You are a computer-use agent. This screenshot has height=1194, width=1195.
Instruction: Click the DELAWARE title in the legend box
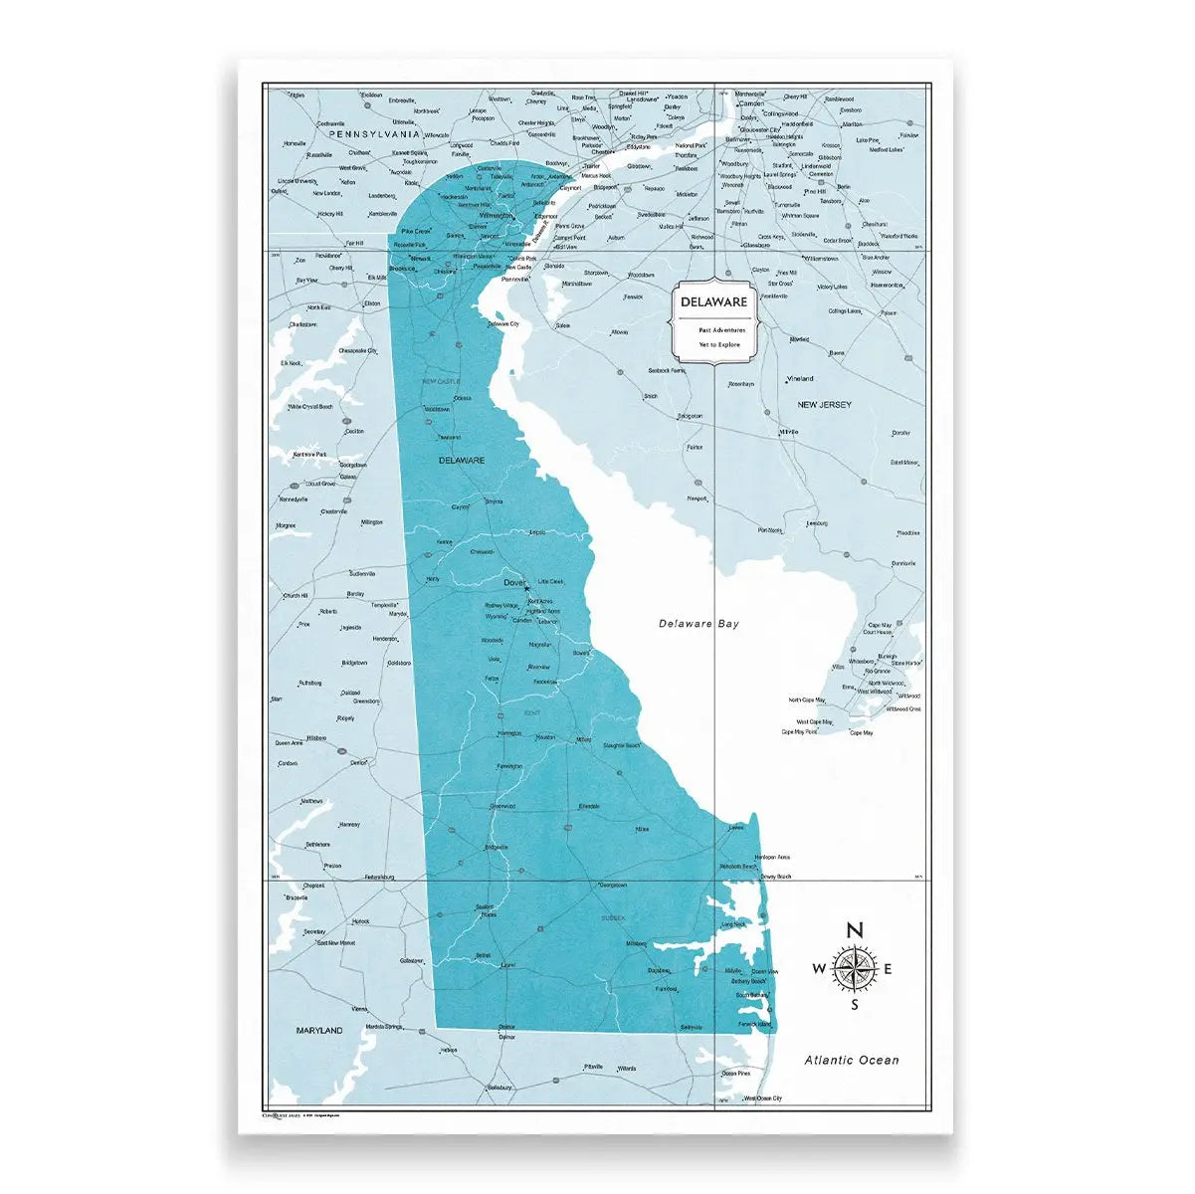(713, 300)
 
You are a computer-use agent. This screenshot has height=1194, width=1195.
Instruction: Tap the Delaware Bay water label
(699, 624)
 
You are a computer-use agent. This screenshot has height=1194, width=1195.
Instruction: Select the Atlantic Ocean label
(852, 1061)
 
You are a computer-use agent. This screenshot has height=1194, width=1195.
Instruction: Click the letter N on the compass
(854, 930)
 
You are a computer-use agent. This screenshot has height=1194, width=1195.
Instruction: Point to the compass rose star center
(854, 969)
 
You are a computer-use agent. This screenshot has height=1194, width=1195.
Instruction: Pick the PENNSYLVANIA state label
(370, 132)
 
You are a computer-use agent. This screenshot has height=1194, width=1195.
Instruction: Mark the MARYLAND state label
(318, 1031)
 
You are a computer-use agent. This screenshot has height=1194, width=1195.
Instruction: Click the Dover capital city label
(514, 582)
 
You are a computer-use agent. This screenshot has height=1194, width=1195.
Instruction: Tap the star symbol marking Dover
(527, 589)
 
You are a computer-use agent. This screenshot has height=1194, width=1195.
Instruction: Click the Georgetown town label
(611, 884)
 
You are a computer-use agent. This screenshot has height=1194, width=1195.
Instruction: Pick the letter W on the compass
(820, 969)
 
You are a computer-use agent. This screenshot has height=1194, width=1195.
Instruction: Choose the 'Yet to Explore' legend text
(713, 344)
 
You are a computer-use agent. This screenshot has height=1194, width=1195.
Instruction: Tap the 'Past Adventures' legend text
(713, 329)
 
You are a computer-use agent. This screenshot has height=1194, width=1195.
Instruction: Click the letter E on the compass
(888, 969)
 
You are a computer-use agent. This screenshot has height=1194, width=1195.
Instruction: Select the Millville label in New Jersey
(790, 432)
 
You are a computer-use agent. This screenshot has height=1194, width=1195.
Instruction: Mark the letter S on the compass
(854, 1005)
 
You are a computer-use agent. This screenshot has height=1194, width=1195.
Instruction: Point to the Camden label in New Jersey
(751, 102)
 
